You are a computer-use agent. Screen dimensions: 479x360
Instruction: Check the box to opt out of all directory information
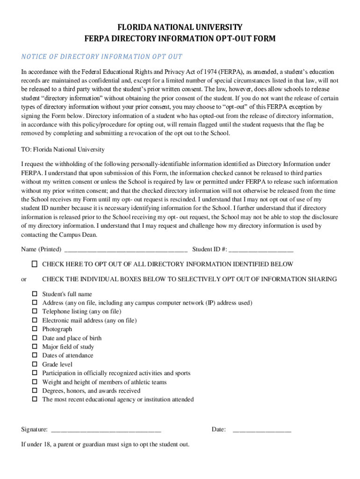(x=35, y=264)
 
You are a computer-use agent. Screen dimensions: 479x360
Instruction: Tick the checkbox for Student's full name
(x=35, y=294)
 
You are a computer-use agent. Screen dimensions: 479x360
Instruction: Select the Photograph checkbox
(x=35, y=329)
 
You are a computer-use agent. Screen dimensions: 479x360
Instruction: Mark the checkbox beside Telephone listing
(x=35, y=312)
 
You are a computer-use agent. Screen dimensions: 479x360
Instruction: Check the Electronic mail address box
(x=35, y=320)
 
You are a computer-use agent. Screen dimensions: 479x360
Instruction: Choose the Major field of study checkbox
(x=35, y=347)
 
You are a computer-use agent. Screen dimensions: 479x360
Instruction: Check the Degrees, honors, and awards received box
(x=35, y=391)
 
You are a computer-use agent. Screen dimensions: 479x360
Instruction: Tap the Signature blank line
(x=106, y=430)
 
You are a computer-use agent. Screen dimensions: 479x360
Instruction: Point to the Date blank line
(x=262, y=430)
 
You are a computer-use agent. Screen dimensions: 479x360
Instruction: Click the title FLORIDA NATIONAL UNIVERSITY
(x=180, y=27)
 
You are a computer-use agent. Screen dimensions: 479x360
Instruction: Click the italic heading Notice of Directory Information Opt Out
(x=101, y=57)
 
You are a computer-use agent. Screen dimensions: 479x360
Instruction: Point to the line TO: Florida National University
(x=63, y=150)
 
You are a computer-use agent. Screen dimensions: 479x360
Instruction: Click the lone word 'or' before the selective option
(x=24, y=280)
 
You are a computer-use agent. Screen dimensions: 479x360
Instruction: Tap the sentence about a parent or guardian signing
(x=105, y=444)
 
